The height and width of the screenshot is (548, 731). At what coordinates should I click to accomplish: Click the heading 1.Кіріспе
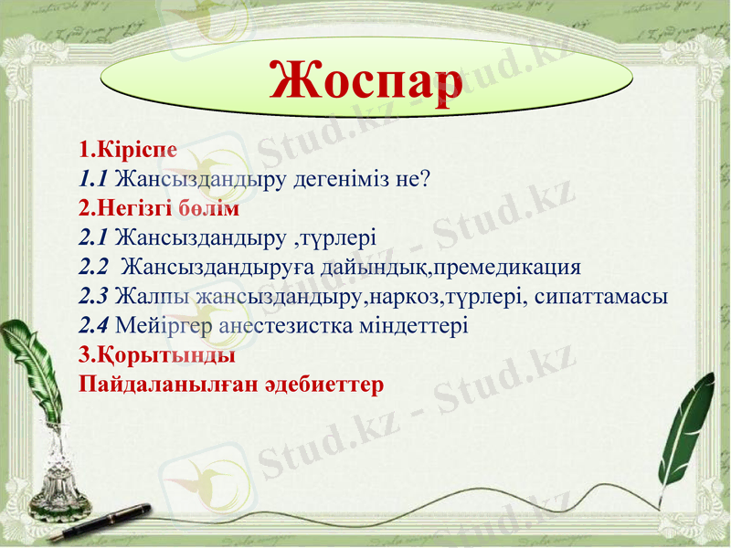pos(127,148)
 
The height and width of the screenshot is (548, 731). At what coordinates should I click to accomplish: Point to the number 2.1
pos(94,238)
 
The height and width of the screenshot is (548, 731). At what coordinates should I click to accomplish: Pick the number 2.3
pos(94,297)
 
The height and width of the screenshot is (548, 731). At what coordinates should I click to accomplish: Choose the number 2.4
pos(94,326)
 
